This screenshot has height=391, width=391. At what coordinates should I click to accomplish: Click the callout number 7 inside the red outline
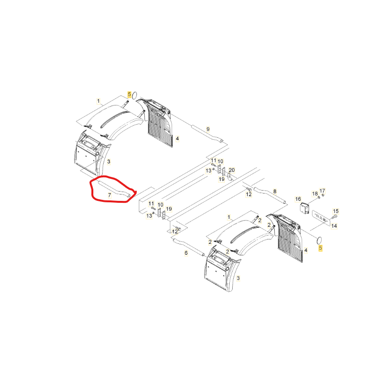(x=109, y=195)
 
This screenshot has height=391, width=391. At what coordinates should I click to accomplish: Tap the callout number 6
(x=186, y=253)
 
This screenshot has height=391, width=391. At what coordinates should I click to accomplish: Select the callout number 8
(x=275, y=191)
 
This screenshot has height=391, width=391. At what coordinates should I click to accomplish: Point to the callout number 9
(x=208, y=129)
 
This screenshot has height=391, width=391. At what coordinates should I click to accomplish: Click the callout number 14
(x=334, y=226)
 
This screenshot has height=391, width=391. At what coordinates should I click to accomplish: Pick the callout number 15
(x=336, y=211)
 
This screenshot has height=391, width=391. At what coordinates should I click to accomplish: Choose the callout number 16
(x=298, y=199)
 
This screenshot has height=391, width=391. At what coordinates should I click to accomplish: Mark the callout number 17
(x=323, y=191)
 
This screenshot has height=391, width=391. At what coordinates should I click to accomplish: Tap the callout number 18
(x=315, y=194)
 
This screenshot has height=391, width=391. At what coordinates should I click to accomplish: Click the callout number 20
(x=232, y=170)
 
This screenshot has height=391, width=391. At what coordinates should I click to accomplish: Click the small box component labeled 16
(x=304, y=208)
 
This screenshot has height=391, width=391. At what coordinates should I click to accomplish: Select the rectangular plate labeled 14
(x=322, y=218)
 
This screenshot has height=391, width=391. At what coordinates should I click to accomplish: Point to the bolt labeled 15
(x=335, y=217)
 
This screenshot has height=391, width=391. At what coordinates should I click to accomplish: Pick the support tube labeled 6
(x=188, y=247)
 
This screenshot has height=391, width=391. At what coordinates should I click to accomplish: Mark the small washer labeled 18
(x=319, y=198)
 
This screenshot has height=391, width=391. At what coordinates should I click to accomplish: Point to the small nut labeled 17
(x=323, y=195)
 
